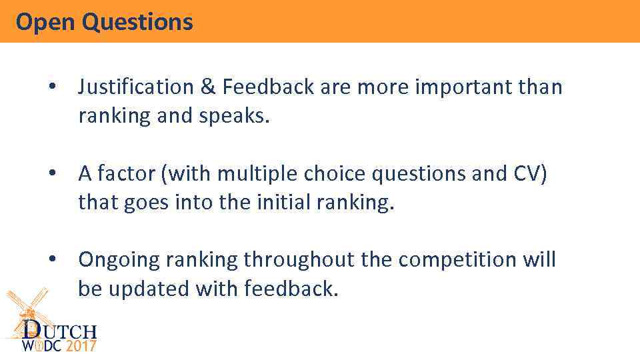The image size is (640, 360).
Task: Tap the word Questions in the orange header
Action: [x=137, y=22]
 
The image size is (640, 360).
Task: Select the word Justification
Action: [x=135, y=87]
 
